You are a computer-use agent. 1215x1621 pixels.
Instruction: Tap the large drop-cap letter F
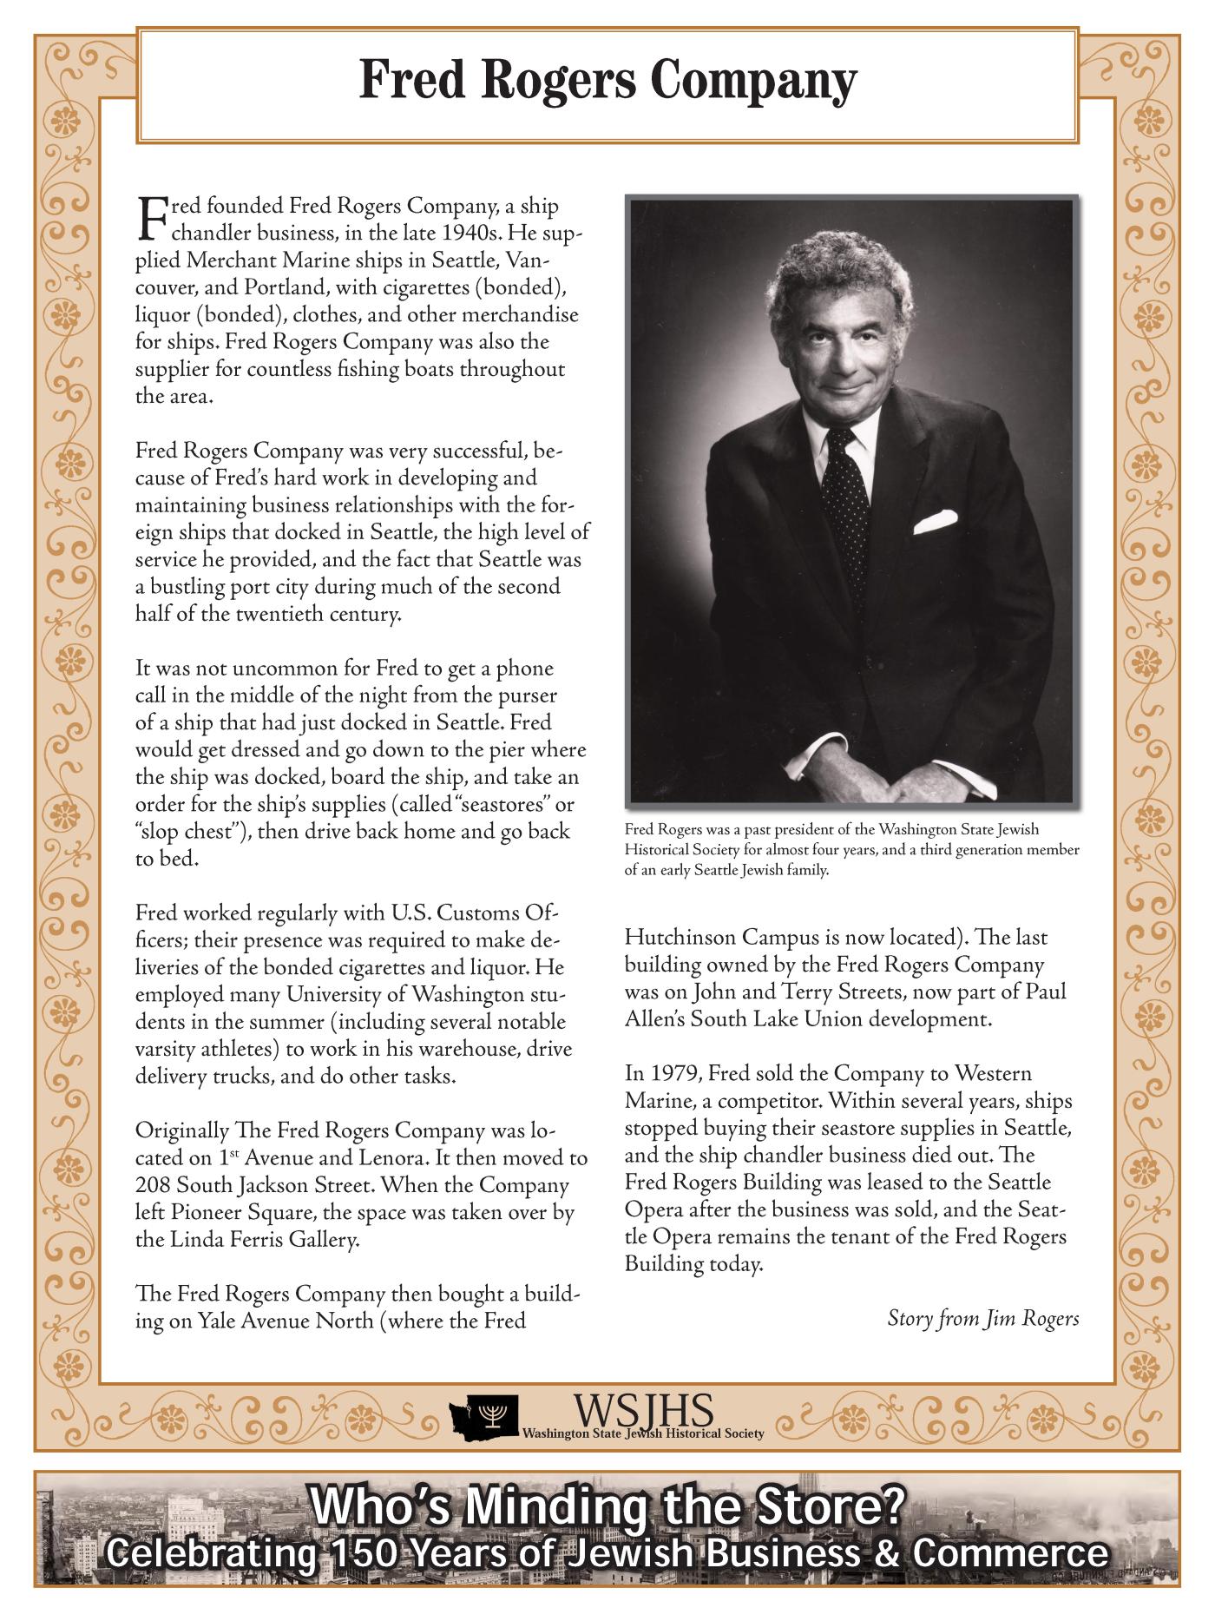151,218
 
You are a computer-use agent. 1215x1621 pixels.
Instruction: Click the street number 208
153,1185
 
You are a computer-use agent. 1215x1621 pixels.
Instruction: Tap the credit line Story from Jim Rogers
982,1319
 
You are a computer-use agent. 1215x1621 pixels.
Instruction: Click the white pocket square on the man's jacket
935,521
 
